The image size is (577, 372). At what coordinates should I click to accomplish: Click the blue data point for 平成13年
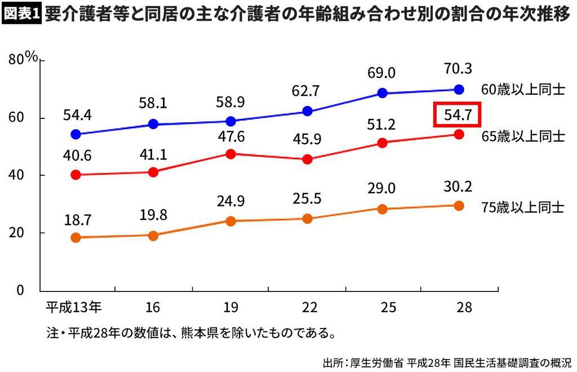coord(77,135)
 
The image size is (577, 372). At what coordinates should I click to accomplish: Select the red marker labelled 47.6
coord(230,153)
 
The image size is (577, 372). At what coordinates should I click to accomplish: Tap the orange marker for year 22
coord(308,219)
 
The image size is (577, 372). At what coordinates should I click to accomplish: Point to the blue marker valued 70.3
coord(459,89)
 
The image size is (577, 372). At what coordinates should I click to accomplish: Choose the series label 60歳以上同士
coord(522,90)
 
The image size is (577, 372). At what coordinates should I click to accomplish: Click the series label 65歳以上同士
coord(522,135)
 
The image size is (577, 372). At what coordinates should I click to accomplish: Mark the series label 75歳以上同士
coord(522,206)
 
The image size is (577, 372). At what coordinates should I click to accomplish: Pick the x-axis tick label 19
coord(230,308)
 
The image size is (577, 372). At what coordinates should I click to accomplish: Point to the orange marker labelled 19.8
coord(153,236)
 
